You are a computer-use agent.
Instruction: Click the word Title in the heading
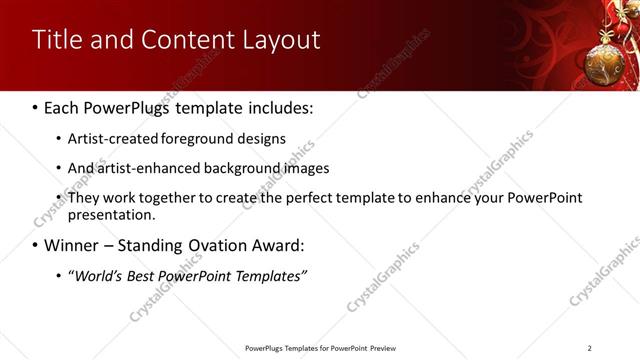[x=55, y=40]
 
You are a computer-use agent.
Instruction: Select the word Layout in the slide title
[x=283, y=40]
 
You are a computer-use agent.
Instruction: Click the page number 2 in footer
[x=589, y=348]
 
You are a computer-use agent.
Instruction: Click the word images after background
[x=303, y=168]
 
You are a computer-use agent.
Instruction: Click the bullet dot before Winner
[x=36, y=245]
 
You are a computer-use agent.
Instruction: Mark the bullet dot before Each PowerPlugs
[x=36, y=106]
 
